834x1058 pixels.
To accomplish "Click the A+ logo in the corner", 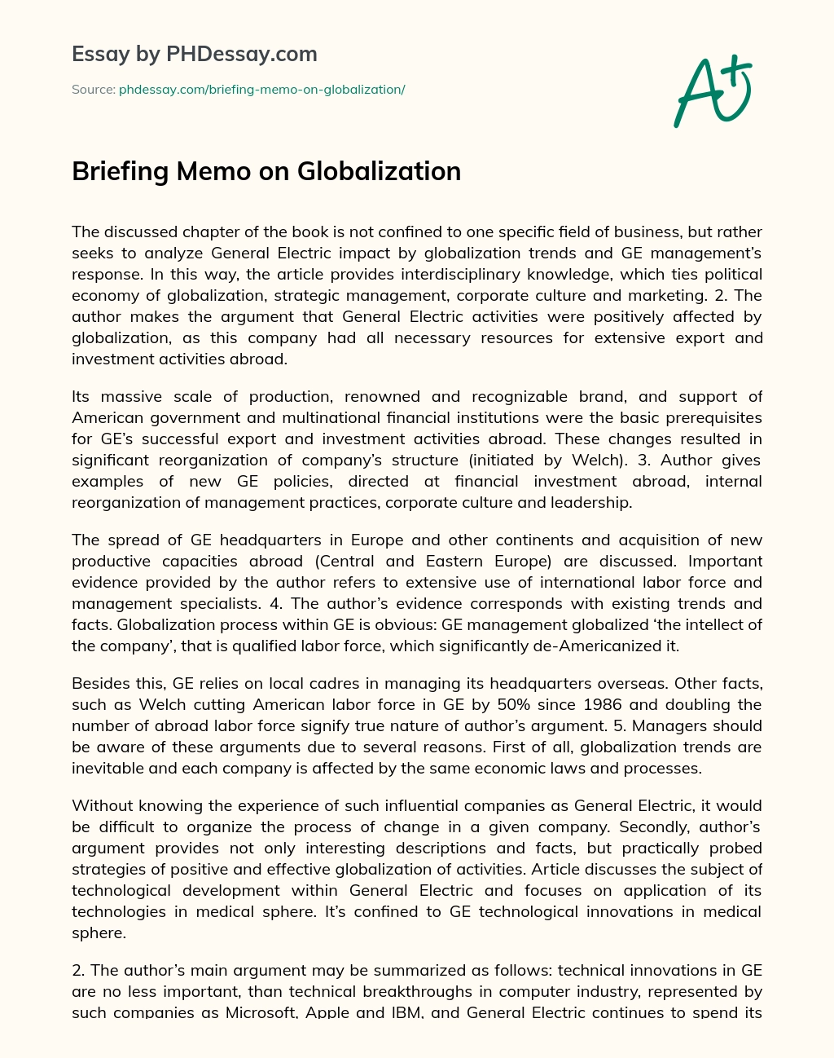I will [x=712, y=90].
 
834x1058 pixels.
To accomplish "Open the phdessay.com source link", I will [x=261, y=90].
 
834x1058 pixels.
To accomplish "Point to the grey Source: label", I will [x=94, y=90].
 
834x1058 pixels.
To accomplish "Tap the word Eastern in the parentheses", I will [x=454, y=561].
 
